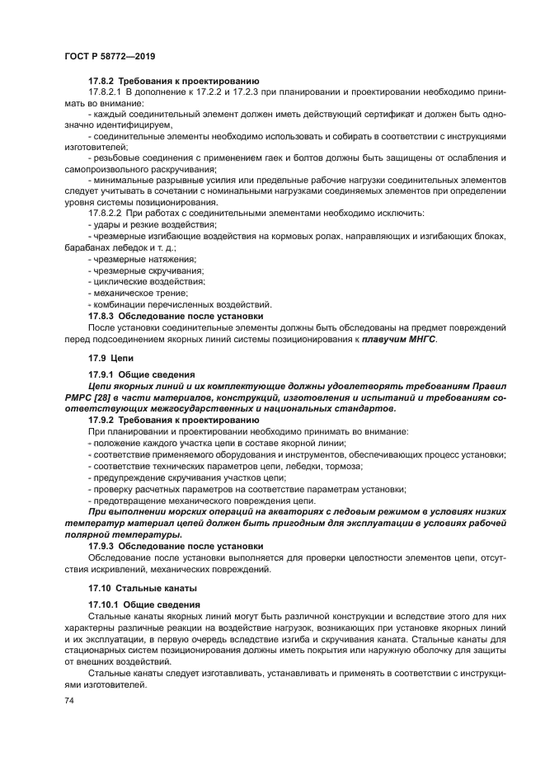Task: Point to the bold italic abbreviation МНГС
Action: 419,339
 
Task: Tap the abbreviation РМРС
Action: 78,398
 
